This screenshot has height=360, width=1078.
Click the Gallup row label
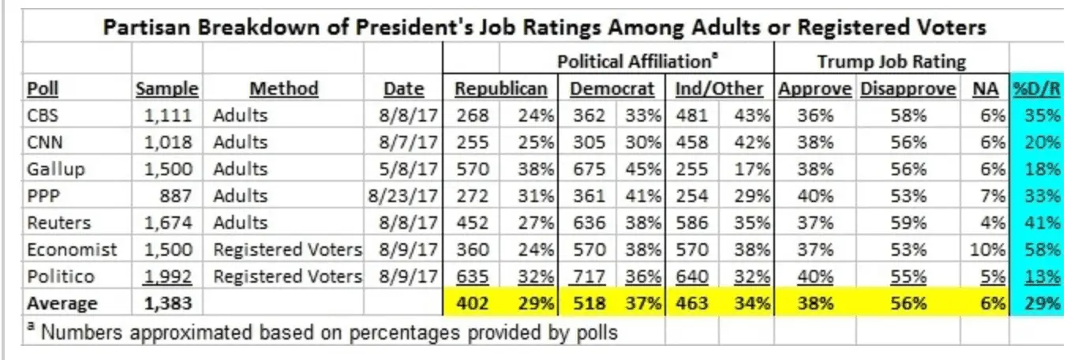56,170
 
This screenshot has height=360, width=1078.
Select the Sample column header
167,89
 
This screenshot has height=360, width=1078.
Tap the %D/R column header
1037,89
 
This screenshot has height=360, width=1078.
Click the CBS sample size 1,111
168,115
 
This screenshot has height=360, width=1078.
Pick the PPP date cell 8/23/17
403,196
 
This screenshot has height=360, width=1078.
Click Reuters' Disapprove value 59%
908,223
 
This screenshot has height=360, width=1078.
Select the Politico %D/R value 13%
1042,276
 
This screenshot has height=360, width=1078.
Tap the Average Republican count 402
473,303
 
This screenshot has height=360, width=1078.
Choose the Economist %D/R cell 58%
1042,249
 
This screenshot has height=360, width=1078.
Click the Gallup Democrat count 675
589,169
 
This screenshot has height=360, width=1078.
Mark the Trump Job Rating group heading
891,62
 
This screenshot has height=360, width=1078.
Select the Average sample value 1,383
168,303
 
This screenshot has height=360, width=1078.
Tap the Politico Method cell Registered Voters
288,277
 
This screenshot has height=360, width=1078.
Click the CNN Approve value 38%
815,142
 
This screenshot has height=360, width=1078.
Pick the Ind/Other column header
719,89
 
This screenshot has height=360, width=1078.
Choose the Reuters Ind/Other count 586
692,223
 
